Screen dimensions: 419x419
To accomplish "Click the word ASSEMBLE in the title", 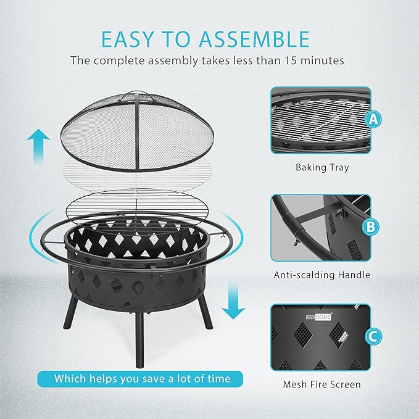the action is pos(254,39).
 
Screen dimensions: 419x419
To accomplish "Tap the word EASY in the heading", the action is pos(127,39).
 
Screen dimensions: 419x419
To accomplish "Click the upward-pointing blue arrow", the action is pos(38,146).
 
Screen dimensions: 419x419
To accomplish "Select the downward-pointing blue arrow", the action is pos(233,301).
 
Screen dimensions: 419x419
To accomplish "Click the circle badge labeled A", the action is pos(373,119).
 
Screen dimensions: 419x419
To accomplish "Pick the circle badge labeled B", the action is pos(370,227).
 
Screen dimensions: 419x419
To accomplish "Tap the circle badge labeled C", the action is pos(373,336).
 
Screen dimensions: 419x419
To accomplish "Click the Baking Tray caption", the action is pos(322,168).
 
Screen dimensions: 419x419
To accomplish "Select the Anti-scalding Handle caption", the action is pos(322,275).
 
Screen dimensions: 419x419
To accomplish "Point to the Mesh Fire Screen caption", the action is pos(322,384).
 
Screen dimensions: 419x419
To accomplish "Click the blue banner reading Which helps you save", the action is pos(140,379).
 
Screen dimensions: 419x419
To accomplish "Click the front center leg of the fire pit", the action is pos(139,340).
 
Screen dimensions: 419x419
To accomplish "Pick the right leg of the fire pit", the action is pos(205,311).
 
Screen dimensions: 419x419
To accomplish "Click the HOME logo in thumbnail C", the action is pos(318,317).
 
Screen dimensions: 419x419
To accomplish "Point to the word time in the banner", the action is pos(217,379).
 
